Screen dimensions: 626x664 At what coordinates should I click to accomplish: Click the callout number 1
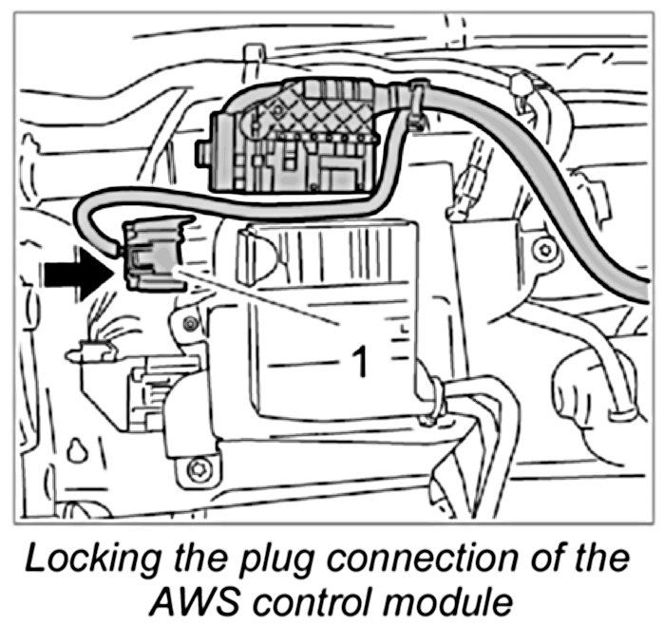(x=359, y=362)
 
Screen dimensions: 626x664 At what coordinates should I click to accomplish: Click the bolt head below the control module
(x=197, y=468)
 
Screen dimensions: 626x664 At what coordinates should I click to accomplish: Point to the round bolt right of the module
(x=543, y=250)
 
